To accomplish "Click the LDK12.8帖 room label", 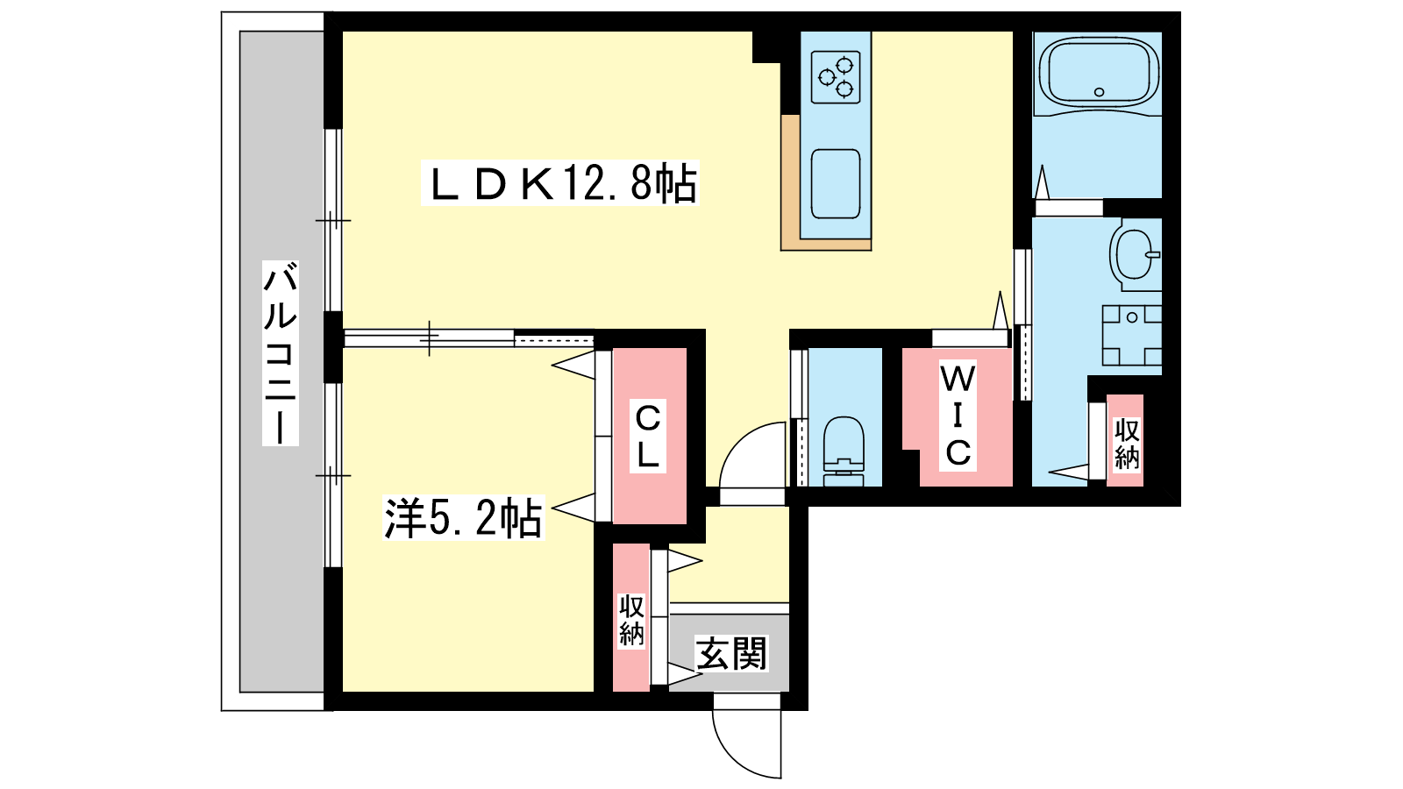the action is (560, 183).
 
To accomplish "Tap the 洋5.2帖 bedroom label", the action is (464, 518).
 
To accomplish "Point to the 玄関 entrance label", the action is (731, 653).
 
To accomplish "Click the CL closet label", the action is (648, 437).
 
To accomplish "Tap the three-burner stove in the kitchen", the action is (836, 77).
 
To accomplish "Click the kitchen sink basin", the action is (836, 184).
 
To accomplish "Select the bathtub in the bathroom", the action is (1099, 74).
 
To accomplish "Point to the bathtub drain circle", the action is (1100, 92).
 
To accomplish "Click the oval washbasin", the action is (1133, 254).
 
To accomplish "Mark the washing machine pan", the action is (1132, 335).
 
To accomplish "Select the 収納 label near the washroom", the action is (1127, 444).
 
